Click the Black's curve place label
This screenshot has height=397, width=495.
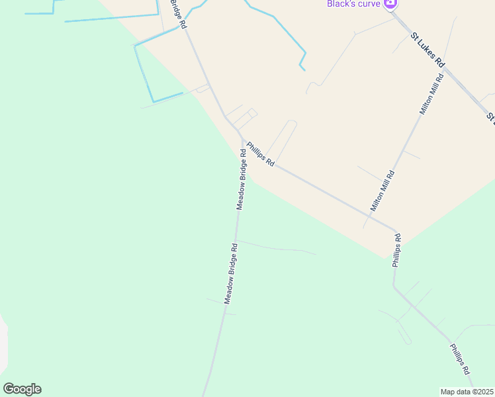353,3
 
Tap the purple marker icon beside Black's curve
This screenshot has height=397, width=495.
390,3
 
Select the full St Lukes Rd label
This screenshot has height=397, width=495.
427,50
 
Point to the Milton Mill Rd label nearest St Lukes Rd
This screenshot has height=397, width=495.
432,95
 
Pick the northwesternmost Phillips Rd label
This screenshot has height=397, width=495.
260,154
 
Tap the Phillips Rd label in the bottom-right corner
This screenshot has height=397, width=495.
460,359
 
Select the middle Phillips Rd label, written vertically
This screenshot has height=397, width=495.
396,249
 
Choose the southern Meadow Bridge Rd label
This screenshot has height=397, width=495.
230,274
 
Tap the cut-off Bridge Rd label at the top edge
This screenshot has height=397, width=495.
177,13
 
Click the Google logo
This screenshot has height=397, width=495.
22,389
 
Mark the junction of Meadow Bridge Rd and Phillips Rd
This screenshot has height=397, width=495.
241,137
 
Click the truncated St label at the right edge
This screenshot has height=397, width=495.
491,117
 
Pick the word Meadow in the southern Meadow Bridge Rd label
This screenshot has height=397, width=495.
228,289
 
